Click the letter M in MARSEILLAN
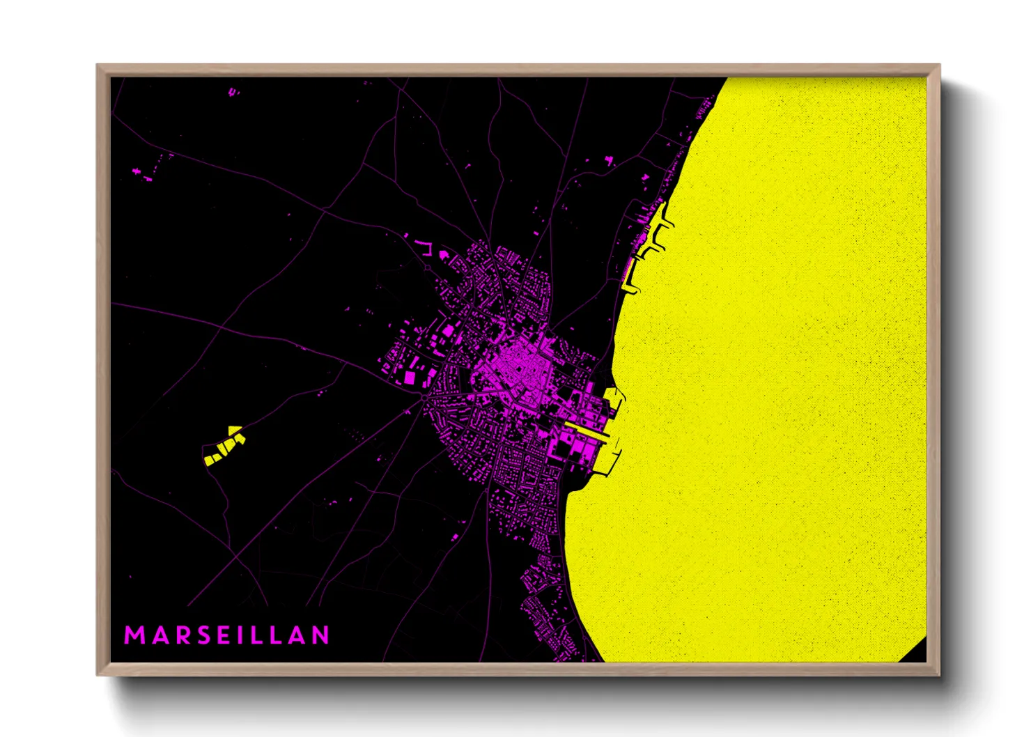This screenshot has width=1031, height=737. click(x=132, y=635)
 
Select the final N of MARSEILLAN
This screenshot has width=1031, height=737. click(x=320, y=635)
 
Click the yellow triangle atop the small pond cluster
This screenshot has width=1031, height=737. click(x=235, y=430)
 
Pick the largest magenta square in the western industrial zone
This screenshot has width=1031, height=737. click(x=410, y=378)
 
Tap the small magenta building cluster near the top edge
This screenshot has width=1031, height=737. click(x=233, y=91)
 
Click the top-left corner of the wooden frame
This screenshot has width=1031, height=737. click(x=98, y=66)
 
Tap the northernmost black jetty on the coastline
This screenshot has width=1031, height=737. click(x=667, y=223)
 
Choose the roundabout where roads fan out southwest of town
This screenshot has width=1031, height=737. click(x=424, y=398)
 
